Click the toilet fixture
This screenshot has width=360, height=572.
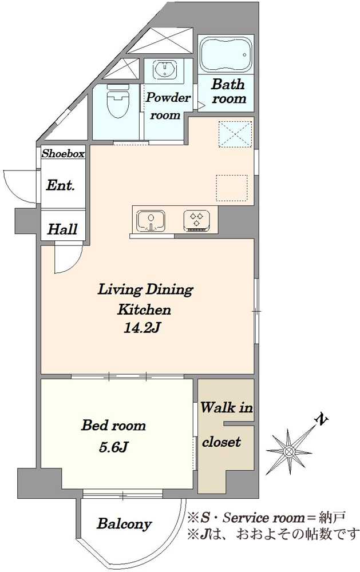pos(117,101)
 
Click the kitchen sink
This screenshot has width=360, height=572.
pos(151,221)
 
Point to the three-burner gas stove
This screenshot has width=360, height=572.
pos(197,220)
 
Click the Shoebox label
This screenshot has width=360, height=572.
pos(63,153)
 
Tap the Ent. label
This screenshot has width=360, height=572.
pos(60,186)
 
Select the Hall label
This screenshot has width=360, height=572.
pos(62,229)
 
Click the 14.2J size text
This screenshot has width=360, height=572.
pos(143,328)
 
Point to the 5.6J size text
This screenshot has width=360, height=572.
pos(113,447)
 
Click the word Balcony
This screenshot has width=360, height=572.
pos(124,524)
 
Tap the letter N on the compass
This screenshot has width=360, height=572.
pos(321,420)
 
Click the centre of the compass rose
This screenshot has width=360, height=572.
pos(289,452)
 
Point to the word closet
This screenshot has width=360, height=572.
pos(221,442)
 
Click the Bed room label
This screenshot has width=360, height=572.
pos(113,426)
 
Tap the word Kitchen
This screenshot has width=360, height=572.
pos(144,309)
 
